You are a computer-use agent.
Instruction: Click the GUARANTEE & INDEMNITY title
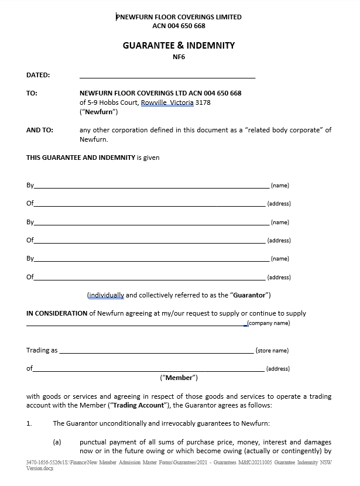pos(179,45)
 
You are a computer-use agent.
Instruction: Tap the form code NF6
pos(179,57)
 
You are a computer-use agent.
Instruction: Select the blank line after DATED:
pos(167,76)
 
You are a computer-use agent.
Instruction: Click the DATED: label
pos(38,75)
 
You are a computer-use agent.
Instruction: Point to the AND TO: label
pos(40,130)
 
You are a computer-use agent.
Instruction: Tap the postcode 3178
pos(203,102)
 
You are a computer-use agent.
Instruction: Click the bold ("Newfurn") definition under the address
pos(99,112)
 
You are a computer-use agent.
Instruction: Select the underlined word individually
pos(106,295)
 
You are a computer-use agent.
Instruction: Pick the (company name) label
pos(269,323)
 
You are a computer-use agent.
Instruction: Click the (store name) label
pos(272,351)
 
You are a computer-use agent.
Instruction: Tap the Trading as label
pos(42,350)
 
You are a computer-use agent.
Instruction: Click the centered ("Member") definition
pos(179,378)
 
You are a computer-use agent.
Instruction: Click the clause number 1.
pos(29,423)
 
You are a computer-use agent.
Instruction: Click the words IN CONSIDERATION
pos(57,313)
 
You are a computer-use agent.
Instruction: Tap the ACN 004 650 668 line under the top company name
pos(179,26)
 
